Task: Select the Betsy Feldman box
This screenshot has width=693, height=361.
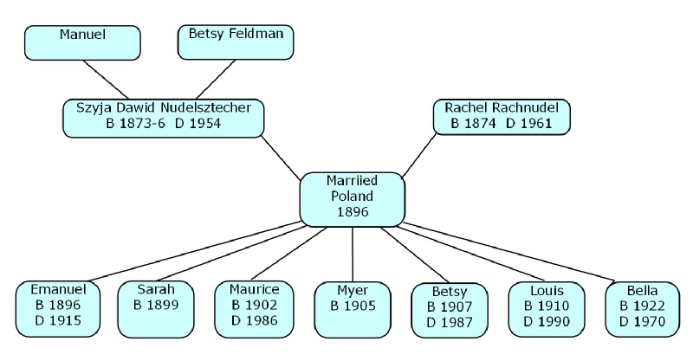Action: pyautogui.click(x=236, y=42)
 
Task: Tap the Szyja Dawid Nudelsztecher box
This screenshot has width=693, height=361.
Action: pyautogui.click(x=164, y=116)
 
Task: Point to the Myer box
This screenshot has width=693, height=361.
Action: pyautogui.click(x=352, y=307)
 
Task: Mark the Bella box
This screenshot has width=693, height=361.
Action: pyautogui.click(x=643, y=308)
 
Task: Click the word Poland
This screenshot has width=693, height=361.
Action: pyautogui.click(x=352, y=196)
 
